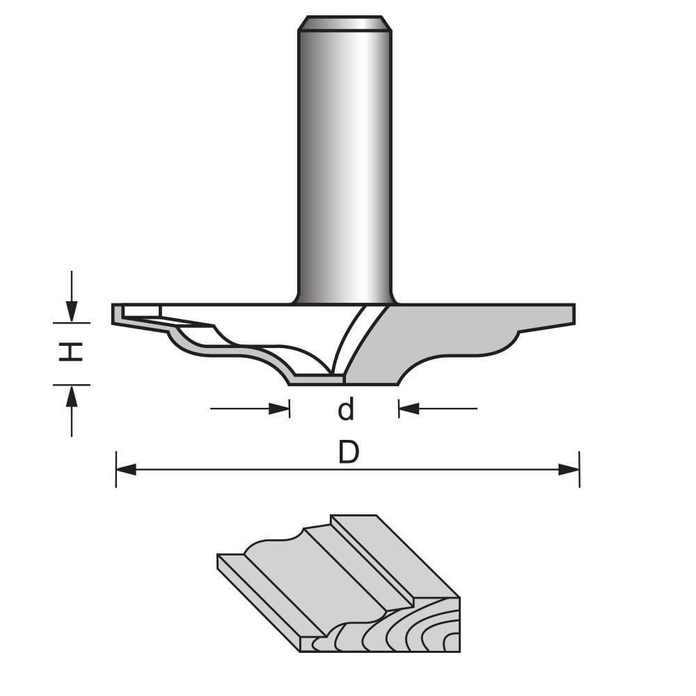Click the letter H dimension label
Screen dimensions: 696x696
click(70, 353)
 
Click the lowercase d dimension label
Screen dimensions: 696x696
click(346, 410)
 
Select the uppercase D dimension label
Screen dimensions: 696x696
click(348, 454)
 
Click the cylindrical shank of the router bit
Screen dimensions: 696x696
click(344, 160)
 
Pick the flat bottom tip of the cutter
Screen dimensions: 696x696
click(317, 380)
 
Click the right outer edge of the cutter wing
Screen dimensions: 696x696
click(574, 314)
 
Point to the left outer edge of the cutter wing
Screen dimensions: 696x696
click(114, 314)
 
